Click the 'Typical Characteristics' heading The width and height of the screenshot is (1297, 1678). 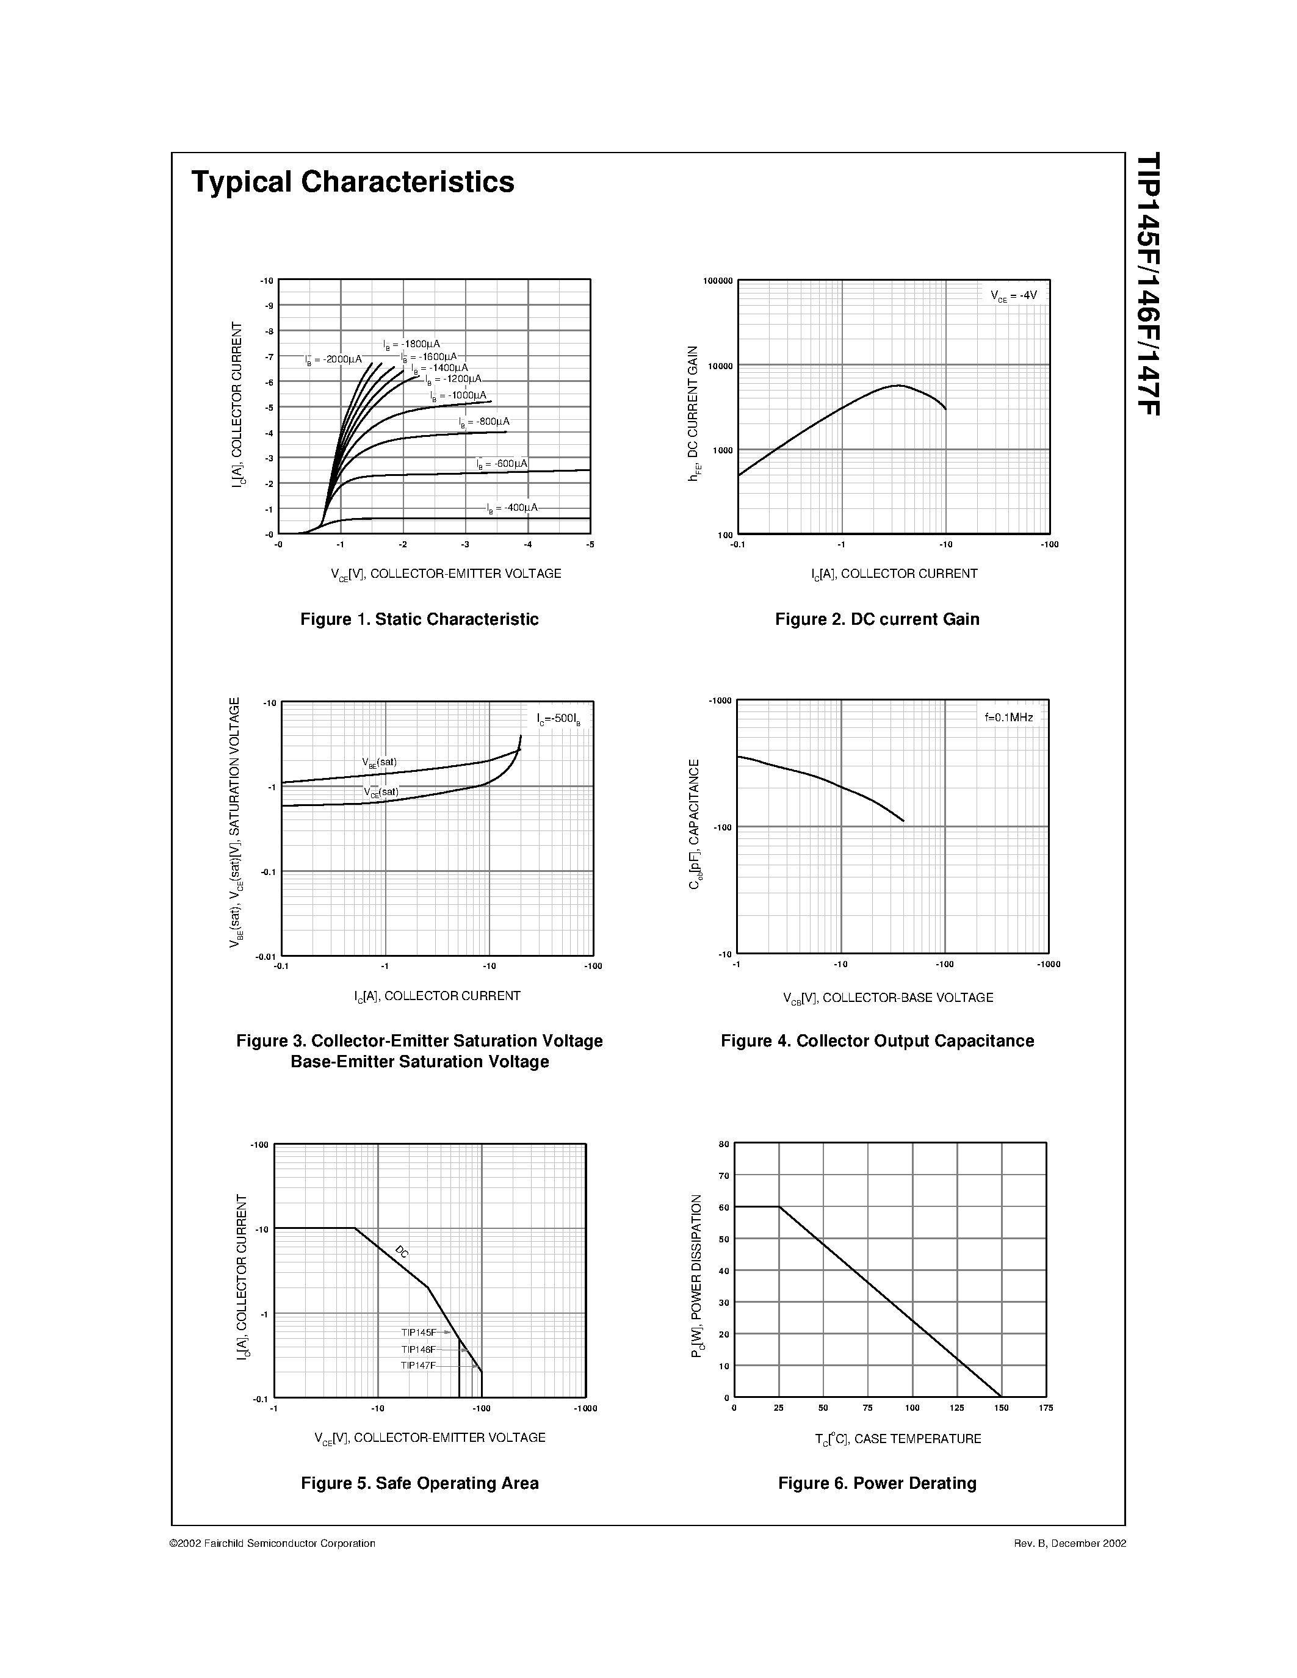click(x=353, y=182)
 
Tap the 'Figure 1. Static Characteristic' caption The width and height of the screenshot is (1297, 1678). click(x=419, y=619)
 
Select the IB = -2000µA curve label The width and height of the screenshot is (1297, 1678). click(x=333, y=359)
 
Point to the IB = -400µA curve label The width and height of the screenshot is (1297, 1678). click(x=513, y=508)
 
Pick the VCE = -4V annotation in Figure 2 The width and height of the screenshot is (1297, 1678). click(x=1013, y=295)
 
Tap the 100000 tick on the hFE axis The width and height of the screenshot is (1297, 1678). click(x=718, y=281)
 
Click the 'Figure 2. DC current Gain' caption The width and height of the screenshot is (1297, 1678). click(x=876, y=619)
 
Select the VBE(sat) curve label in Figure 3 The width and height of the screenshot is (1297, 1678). click(x=380, y=762)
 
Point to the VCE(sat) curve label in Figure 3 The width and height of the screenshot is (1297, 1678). click(x=381, y=791)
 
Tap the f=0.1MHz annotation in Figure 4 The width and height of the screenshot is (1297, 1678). click(x=1009, y=718)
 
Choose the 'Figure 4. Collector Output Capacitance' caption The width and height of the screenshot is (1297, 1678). click(x=876, y=1041)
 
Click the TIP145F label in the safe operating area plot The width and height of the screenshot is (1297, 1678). click(x=419, y=1332)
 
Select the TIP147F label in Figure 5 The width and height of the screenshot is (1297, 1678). click(x=419, y=1366)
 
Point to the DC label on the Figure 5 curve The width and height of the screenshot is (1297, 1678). click(x=402, y=1251)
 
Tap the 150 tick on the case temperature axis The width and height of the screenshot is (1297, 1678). click(x=1001, y=1408)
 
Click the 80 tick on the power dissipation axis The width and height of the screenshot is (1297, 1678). click(x=723, y=1144)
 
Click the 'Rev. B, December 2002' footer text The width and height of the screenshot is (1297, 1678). click(x=1069, y=1543)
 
